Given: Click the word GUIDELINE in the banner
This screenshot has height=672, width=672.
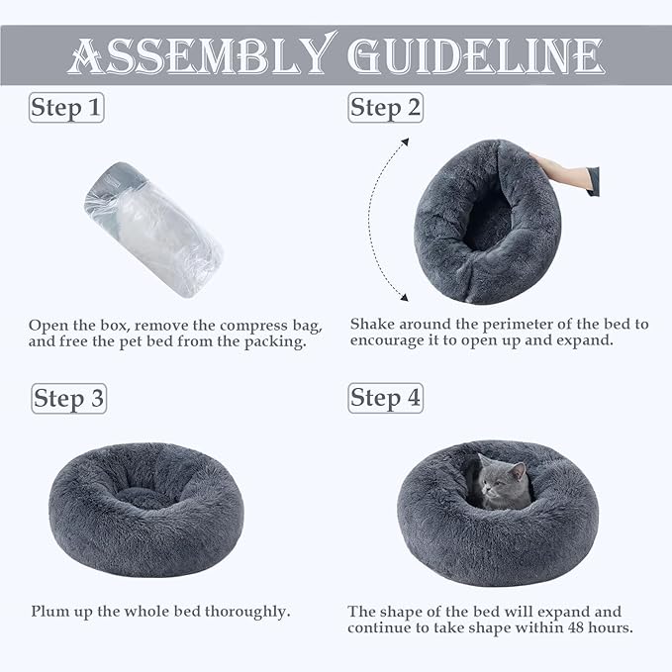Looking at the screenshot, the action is pyautogui.click(x=476, y=55).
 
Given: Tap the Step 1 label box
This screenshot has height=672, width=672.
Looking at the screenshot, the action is pyautogui.click(x=66, y=108).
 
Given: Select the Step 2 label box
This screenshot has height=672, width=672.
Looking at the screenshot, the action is pyautogui.click(x=386, y=108).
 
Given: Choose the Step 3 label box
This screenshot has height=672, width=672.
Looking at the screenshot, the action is pyautogui.click(x=69, y=399).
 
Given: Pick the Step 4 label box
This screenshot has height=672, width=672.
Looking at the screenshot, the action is pyautogui.click(x=386, y=398).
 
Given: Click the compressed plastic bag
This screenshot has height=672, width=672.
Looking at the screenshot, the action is pyautogui.click(x=153, y=230).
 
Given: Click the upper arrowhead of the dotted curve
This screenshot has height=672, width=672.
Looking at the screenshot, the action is pyautogui.click(x=405, y=143).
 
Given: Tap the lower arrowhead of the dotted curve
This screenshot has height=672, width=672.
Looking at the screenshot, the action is pyautogui.click(x=404, y=297).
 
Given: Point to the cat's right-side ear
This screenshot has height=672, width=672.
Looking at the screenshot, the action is pyautogui.click(x=519, y=471).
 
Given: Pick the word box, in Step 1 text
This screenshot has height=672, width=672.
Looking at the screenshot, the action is pyautogui.click(x=115, y=326).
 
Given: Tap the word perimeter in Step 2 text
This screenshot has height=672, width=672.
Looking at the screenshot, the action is pyautogui.click(x=518, y=325).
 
